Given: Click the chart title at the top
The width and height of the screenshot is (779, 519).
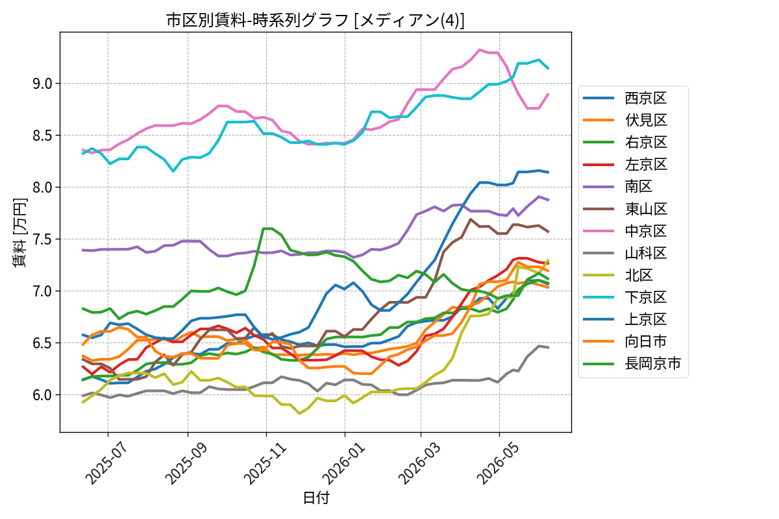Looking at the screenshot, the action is [x=315, y=20].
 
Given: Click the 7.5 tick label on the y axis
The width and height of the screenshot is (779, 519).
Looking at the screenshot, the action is [x=42, y=239].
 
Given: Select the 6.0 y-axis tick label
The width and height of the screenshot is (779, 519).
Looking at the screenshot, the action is [x=42, y=395].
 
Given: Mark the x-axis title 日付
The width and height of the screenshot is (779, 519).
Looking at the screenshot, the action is [x=315, y=498].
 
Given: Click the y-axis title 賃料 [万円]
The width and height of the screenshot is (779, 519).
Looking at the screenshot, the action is [x=19, y=232].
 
